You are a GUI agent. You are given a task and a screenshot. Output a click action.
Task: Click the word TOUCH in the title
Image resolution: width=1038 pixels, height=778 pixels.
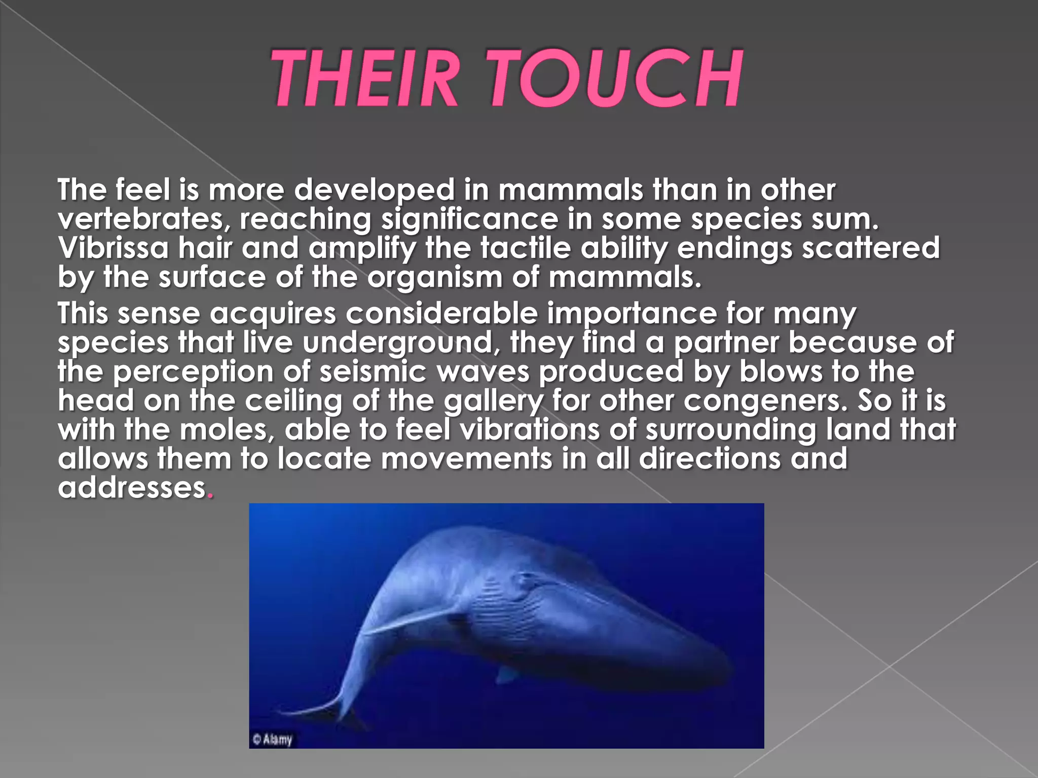click(616, 78)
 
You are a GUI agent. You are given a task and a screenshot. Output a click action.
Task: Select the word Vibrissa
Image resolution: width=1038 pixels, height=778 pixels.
click(113, 248)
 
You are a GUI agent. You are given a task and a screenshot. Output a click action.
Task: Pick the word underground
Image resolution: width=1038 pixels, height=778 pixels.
click(398, 343)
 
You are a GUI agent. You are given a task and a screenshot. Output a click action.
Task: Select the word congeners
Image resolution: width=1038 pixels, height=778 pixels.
click(765, 401)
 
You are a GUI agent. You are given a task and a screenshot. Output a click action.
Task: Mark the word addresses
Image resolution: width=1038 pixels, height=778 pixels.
click(132, 487)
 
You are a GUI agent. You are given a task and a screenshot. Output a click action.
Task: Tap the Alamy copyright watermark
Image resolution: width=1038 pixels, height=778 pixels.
click(273, 739)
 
